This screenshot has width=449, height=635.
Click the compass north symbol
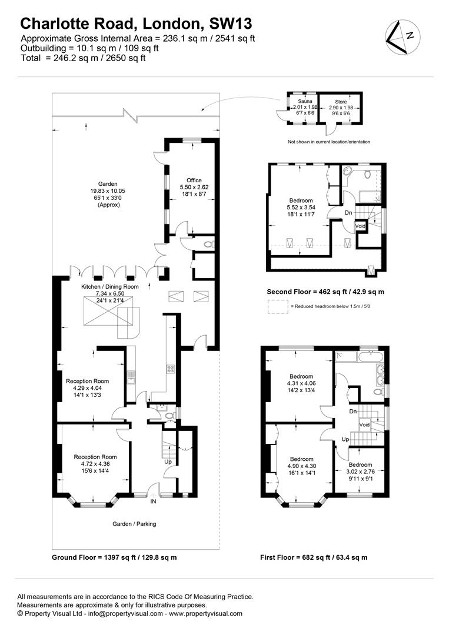[403, 37]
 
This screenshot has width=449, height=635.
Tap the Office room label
[194, 181]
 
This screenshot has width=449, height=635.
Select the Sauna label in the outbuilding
[305, 101]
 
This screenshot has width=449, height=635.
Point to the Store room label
[341, 102]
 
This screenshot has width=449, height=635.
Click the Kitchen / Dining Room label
[110, 287]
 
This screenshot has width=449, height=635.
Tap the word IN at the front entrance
[153, 502]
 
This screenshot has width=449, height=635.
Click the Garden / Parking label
[134, 524]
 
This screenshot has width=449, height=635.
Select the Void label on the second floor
[360, 226]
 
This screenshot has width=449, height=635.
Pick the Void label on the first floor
[364, 425]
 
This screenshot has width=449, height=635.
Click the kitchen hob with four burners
[171, 369]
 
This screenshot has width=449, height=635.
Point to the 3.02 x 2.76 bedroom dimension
[360, 472]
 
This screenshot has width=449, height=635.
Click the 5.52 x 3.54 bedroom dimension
[301, 208]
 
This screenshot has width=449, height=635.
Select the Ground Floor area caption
[114, 557]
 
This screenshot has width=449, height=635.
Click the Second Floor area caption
[325, 292]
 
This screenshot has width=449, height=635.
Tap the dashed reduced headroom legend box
[278, 306]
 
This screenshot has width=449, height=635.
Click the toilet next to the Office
[209, 245]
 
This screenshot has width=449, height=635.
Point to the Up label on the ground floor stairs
[168, 462]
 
